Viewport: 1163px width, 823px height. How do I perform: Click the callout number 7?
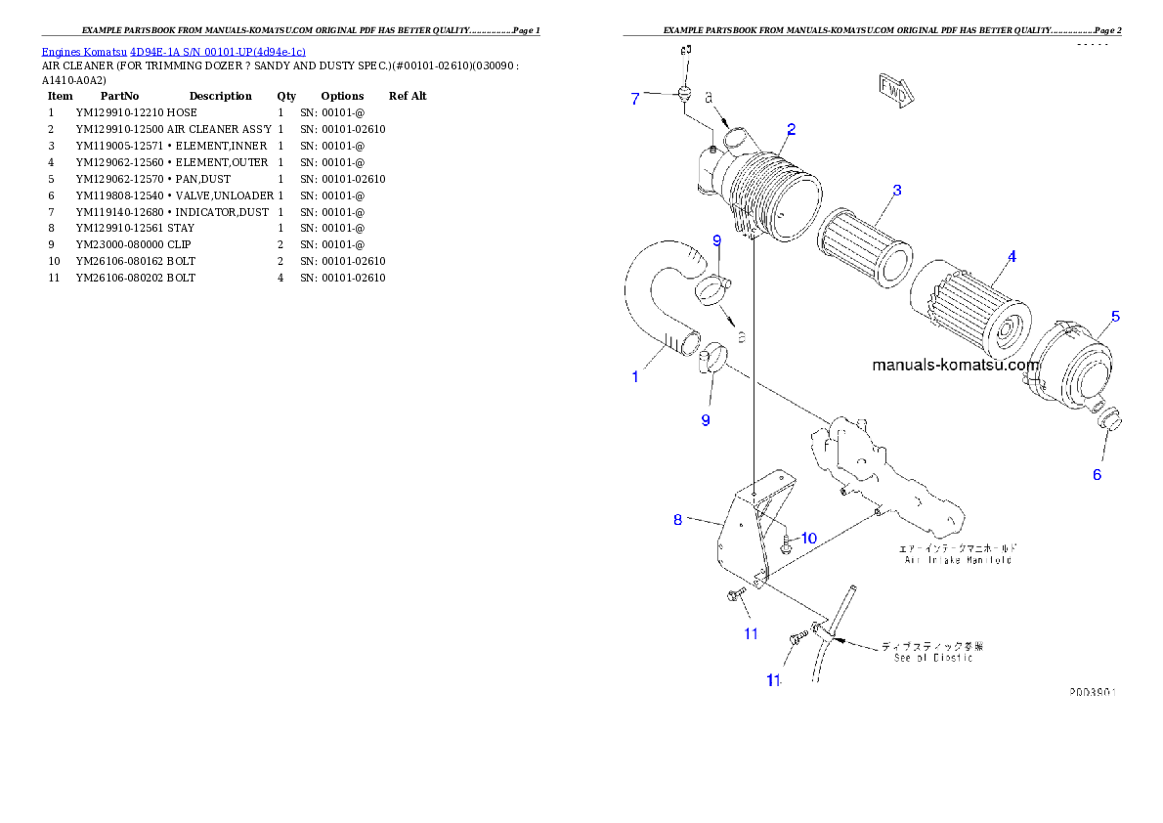point(634,99)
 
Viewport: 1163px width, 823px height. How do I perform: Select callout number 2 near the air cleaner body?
point(791,128)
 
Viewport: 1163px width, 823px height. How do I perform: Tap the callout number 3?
point(896,190)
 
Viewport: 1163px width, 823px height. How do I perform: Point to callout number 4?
point(1012,257)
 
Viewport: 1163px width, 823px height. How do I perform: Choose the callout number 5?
point(1115,317)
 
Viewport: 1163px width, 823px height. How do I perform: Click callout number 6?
point(1097,475)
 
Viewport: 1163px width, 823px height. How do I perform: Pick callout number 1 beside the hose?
point(635,376)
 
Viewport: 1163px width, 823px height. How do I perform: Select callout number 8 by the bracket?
point(677,520)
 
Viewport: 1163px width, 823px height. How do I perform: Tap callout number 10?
point(809,539)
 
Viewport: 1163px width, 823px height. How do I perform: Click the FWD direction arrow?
point(894,91)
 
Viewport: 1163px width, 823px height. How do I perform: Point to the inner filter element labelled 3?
point(864,248)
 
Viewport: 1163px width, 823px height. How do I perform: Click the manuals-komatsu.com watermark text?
point(955,366)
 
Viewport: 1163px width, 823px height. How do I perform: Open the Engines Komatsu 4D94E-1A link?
point(173,51)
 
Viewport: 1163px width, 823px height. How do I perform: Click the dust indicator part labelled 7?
point(684,94)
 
